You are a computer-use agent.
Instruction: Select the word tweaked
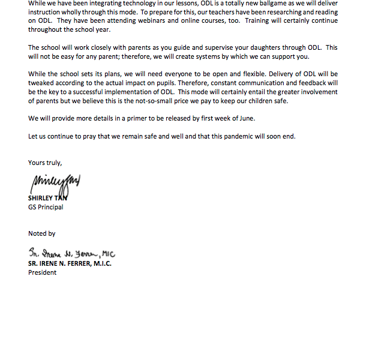click(x=42, y=84)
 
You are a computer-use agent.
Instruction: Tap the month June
click(x=246, y=119)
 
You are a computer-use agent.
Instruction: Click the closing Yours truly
click(x=45, y=163)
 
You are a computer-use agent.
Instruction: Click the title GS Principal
click(x=46, y=208)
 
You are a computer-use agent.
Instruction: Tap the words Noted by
click(x=42, y=233)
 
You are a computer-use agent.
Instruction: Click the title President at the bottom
click(x=42, y=272)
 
